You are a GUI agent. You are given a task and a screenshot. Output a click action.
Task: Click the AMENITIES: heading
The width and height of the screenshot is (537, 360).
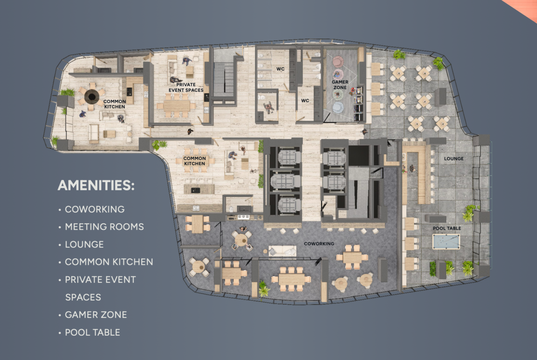click(96, 185)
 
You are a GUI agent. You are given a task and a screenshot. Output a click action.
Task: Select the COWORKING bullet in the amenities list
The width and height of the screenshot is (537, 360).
click(95, 209)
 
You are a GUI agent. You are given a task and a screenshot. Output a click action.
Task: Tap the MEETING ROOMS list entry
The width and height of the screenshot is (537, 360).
click(105, 227)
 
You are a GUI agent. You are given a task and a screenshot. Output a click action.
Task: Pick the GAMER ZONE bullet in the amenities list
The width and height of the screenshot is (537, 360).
click(96, 315)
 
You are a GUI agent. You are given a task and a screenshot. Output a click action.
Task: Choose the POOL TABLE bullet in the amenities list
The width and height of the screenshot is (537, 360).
click(92, 332)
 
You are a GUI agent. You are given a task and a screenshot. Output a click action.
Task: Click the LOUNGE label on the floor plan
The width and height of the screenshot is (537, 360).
click(454, 158)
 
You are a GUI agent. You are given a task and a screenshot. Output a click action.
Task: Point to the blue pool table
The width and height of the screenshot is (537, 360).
click(446, 242)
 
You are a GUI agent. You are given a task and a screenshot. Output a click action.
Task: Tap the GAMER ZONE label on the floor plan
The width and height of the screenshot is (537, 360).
click(340, 84)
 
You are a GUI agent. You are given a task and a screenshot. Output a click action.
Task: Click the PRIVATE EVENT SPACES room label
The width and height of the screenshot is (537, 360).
click(186, 87)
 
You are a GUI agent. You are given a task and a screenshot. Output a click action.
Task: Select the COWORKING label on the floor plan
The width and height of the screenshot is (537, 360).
click(319, 244)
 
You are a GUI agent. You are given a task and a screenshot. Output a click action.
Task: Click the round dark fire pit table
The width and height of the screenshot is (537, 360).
click(92, 96)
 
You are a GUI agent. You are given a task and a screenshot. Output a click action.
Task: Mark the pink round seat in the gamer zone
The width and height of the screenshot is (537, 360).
click(338, 61)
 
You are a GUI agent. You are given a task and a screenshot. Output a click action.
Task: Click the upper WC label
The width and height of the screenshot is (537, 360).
click(280, 69)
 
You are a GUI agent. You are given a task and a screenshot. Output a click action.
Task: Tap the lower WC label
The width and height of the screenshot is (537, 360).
click(305, 100)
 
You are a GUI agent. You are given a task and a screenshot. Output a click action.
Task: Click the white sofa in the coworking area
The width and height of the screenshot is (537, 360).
click(283, 251)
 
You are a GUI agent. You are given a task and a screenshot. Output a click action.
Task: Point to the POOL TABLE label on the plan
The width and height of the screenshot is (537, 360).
click(447, 228)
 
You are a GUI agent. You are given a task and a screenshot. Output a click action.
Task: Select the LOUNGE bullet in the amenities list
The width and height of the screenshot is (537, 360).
click(84, 244)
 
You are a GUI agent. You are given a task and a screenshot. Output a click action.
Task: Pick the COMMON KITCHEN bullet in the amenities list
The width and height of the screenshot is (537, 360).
click(109, 262)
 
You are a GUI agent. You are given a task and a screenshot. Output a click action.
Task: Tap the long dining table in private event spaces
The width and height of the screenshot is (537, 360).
click(176, 105)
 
